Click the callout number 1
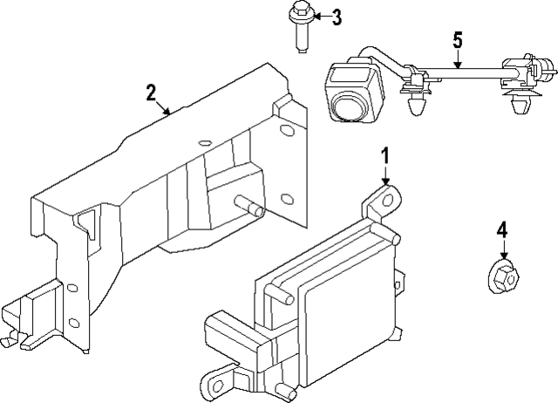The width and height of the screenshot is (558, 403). [x=384, y=158]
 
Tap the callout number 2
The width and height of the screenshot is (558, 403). [x=151, y=92]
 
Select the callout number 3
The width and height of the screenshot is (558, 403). [x=336, y=16]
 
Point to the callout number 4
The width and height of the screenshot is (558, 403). [x=501, y=230]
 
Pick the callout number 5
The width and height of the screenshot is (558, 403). [x=456, y=39]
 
